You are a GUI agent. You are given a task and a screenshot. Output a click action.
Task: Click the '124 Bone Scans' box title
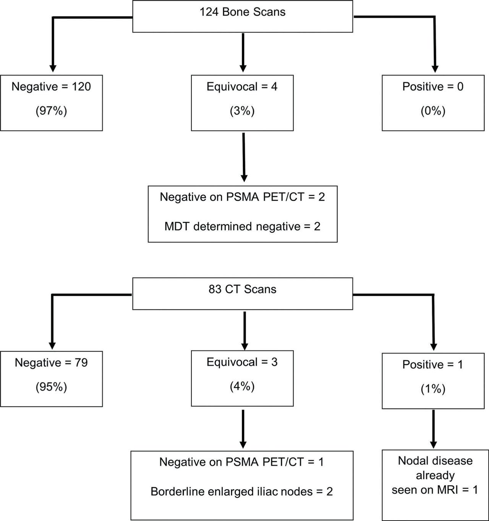tap(242, 12)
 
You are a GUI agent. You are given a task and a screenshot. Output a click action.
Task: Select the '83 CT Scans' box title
tap(242, 289)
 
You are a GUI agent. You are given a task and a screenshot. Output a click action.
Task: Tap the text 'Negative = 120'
tap(51, 87)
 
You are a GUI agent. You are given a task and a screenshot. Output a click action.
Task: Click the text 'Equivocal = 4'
tap(242, 87)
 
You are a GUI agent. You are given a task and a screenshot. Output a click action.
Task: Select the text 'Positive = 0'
tap(433, 87)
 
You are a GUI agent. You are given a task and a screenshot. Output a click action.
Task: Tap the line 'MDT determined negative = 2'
tap(242, 226)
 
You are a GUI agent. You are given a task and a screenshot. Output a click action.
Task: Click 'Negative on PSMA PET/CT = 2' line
tap(242, 197)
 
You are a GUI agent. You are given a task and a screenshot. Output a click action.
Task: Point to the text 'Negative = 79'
tap(51, 362)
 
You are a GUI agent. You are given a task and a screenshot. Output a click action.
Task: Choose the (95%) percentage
tap(51, 387)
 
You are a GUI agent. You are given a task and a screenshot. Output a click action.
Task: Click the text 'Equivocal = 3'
tap(242, 362)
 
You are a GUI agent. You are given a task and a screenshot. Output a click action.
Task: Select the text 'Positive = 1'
tap(433, 365)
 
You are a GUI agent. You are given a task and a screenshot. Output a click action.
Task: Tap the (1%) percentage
tap(433, 389)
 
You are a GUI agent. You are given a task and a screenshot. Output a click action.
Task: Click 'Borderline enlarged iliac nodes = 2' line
tap(241, 491)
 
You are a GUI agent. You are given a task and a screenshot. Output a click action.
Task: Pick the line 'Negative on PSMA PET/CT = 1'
tap(241, 462)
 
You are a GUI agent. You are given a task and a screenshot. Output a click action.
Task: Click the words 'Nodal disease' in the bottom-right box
tap(435, 461)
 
